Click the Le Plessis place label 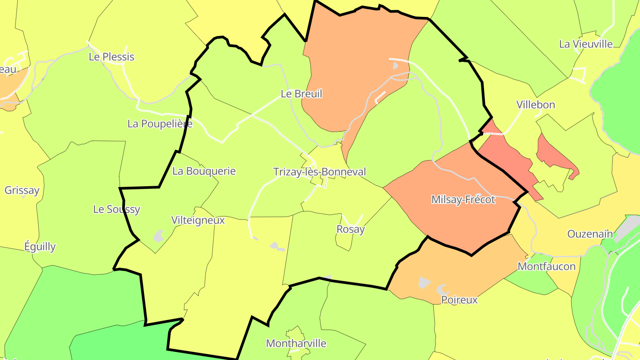112,57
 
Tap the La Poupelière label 160,124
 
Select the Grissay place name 22,190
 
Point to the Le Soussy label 116,209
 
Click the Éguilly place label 40,247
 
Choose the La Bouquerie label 204,171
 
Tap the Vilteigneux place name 198,220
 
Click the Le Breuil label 301,94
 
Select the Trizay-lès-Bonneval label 320,172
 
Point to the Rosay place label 351,229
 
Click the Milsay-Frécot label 463,200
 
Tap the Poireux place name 459,300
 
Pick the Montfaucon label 547,266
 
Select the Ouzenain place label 590,234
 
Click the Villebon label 536,105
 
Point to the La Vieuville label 586,44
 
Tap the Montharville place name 296,343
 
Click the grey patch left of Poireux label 424,282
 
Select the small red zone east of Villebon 556,156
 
